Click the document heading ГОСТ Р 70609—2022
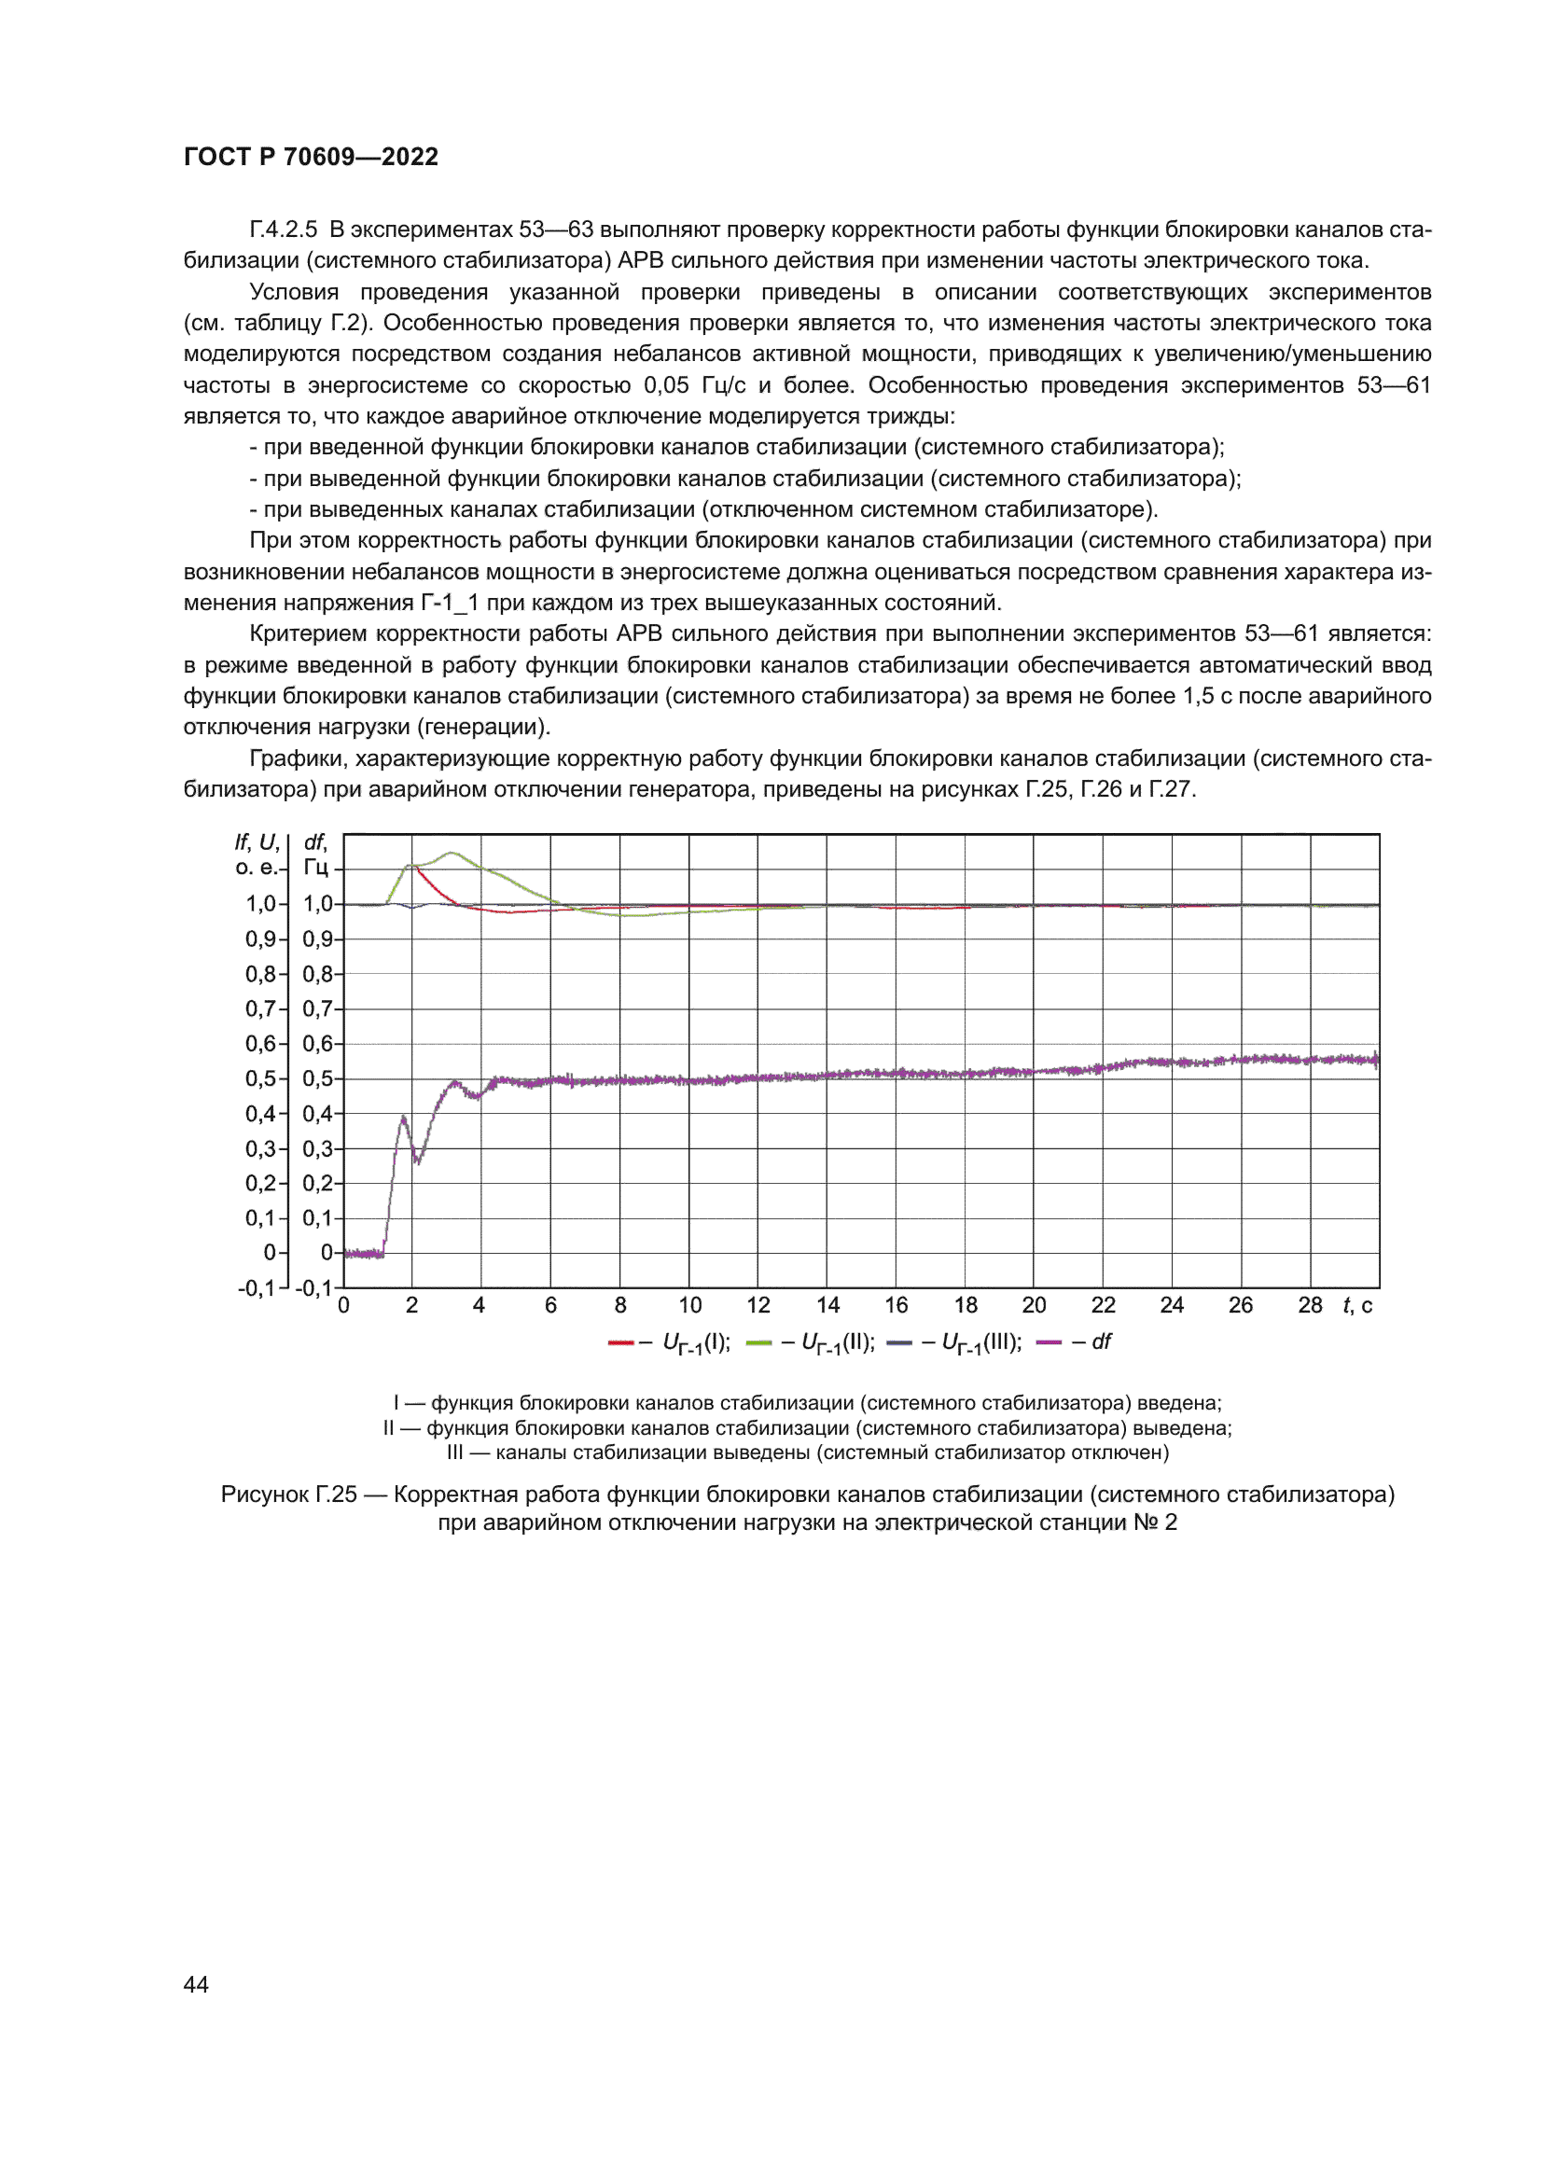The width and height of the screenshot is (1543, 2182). tap(311, 157)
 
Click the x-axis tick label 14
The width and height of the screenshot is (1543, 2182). tap(827, 1306)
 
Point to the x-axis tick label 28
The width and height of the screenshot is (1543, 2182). tap(1309, 1306)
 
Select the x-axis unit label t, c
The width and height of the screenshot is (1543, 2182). tap(1356, 1306)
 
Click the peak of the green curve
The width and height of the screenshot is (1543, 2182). tap(452, 853)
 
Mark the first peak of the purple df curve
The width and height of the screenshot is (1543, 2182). tap(403, 1118)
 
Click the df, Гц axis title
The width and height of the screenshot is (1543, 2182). tap(315, 855)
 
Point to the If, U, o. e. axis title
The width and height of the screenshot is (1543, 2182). tap(257, 855)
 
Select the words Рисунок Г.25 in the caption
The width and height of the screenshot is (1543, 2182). tap(289, 1494)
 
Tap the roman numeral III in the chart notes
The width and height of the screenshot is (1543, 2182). tap(455, 1452)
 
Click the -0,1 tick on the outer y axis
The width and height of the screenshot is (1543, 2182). tap(256, 1288)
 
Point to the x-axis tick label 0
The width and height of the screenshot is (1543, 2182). tap(344, 1306)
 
